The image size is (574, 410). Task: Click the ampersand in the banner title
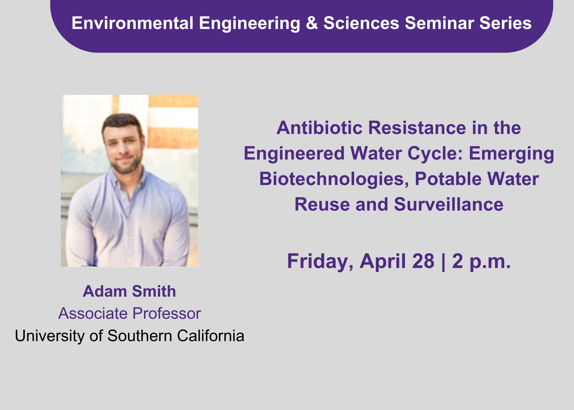click(312, 23)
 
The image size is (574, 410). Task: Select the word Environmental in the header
click(133, 23)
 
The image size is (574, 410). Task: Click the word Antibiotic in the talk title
click(319, 128)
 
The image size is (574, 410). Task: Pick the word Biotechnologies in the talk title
click(334, 179)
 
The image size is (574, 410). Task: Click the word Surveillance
click(449, 204)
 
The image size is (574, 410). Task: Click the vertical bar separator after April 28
click(443, 262)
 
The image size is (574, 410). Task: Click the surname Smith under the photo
click(154, 291)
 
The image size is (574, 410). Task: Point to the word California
click(211, 336)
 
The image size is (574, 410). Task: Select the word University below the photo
click(50, 336)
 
